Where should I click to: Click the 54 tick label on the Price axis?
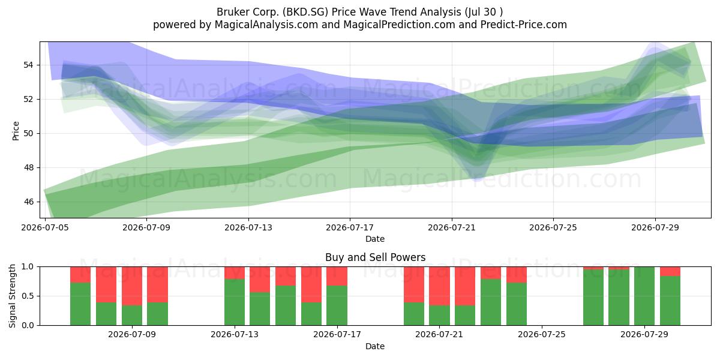[28, 65]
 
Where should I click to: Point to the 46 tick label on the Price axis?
[28, 202]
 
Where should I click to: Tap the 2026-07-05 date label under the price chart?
[45, 228]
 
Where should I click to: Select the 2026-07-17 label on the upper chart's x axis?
[350, 228]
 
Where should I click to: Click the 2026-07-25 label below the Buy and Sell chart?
[542, 335]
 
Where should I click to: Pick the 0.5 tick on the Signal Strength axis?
[28, 296]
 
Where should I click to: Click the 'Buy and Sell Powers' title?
[375, 257]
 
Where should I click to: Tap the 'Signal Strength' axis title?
[12, 296]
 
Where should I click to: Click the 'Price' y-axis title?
[16, 131]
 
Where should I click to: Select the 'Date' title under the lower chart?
[375, 347]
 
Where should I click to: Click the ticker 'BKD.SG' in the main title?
[305, 12]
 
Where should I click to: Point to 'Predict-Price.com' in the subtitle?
[524, 25]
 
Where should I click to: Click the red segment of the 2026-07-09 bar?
[132, 286]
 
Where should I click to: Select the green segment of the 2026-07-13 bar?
[235, 302]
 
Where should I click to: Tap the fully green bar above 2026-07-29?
[644, 296]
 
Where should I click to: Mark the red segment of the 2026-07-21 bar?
[439, 286]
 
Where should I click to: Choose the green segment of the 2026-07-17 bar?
[337, 305]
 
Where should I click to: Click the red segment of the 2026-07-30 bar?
[670, 271]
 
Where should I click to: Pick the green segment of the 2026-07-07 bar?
[80, 304]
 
